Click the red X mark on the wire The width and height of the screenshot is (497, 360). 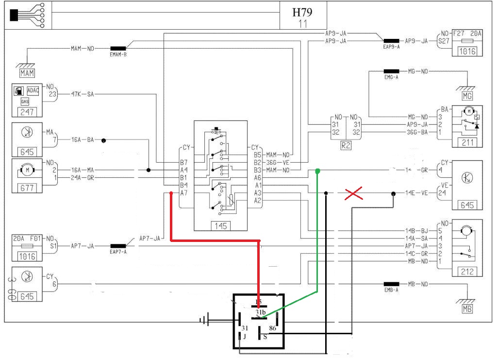tap(354, 194)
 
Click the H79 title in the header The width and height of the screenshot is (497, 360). tap(302, 13)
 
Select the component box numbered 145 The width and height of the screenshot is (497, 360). tap(220, 225)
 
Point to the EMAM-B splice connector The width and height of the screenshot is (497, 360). tap(118, 49)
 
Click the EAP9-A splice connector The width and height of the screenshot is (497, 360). tap(391, 41)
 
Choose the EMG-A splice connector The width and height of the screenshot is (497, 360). tap(391, 71)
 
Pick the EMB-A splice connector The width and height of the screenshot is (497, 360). tap(391, 284)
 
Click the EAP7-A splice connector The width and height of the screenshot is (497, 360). tap(118, 246)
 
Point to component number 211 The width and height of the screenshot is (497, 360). tap(467, 142)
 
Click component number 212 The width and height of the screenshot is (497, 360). tap(467, 272)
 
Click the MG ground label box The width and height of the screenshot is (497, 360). tap(467, 96)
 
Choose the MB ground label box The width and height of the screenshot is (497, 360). tap(467, 309)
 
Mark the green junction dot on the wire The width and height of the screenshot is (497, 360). tap(317, 171)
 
